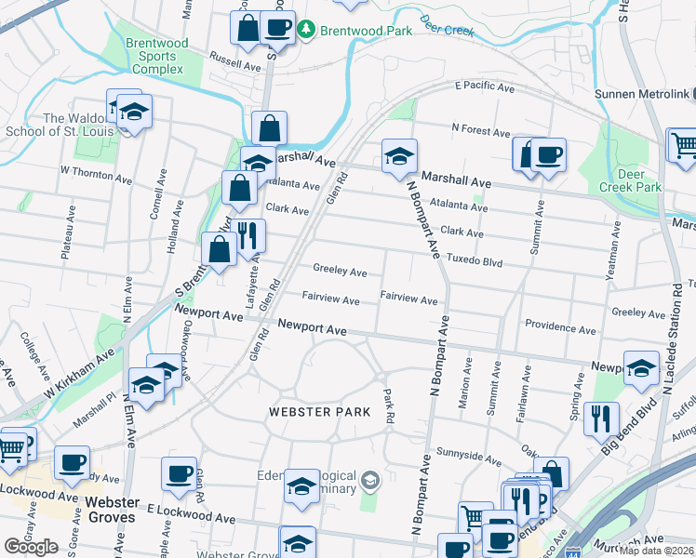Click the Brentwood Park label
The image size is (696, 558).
(x=366, y=31)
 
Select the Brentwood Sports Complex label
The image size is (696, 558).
(x=157, y=56)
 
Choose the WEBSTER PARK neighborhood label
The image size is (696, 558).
(x=315, y=411)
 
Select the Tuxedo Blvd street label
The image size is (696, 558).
(x=474, y=259)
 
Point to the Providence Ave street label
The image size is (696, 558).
(x=558, y=325)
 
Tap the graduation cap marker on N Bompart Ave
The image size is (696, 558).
(x=399, y=157)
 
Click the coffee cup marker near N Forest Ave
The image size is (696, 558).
(x=548, y=154)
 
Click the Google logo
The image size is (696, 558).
(x=32, y=547)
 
